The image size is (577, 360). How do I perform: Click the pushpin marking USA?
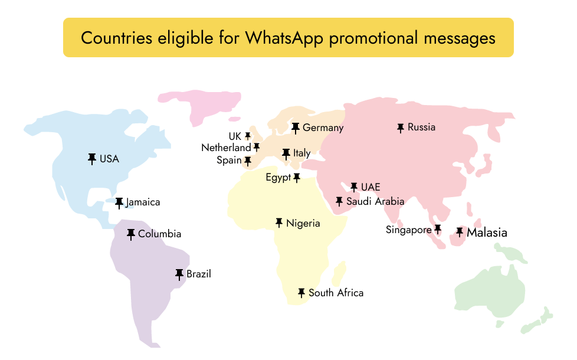click(92, 158)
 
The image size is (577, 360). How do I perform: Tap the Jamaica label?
click(143, 202)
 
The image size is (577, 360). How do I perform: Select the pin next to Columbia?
click(131, 234)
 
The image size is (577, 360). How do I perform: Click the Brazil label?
click(199, 274)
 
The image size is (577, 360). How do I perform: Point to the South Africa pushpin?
click(301, 293)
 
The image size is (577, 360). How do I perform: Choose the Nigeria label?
click(303, 223)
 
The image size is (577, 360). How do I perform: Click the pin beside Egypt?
click(297, 177)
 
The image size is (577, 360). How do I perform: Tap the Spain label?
click(229, 161)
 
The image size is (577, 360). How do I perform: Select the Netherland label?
click(226, 148)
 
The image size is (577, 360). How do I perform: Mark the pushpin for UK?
click(248, 136)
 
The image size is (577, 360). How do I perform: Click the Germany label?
click(323, 127)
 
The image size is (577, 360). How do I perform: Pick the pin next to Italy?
click(286, 153)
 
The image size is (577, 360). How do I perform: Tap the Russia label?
click(421, 127)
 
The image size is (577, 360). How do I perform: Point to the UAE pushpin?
click(354, 187)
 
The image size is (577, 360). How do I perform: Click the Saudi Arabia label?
click(375, 202)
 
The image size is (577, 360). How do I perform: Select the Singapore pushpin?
click(438, 229)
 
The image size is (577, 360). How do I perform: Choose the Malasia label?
click(487, 233)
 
